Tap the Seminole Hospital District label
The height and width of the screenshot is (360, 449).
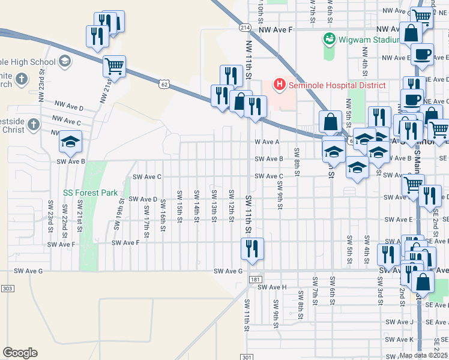point(337,85)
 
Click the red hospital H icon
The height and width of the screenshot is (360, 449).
point(279,85)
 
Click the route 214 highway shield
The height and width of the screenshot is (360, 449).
point(244,28)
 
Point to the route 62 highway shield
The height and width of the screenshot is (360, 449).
point(164,85)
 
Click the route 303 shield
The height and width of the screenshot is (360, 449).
point(7,289)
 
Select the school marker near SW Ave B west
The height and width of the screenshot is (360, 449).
point(70,143)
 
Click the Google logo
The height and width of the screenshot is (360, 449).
point(20,353)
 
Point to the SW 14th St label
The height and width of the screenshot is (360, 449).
point(196,205)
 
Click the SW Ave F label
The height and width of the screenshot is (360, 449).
point(126,242)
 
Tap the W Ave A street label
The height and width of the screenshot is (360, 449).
point(267,142)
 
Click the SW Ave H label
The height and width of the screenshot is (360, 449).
point(273,287)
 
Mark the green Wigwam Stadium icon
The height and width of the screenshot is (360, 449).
point(329,40)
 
